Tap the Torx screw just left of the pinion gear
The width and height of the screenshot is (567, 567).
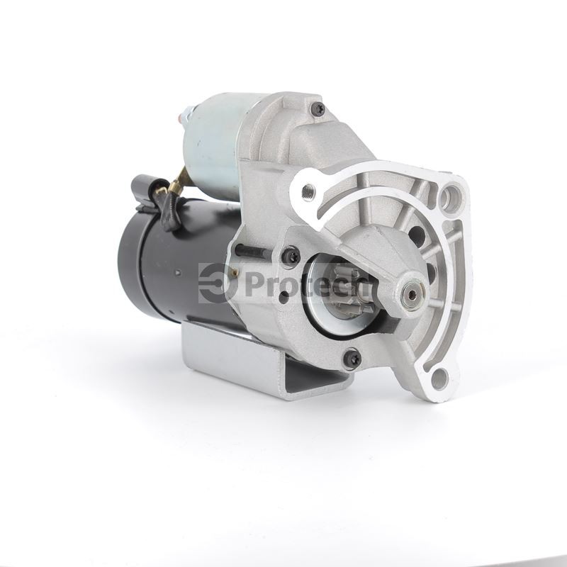click(291, 256)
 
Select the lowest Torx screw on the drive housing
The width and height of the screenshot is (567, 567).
click(352, 358)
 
